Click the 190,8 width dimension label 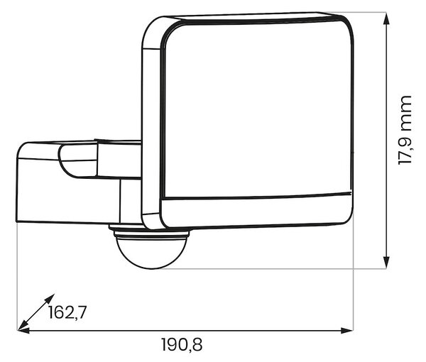tap(182, 345)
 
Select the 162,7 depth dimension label tap(67, 312)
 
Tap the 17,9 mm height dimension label tap(405, 130)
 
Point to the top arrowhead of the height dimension tap(386, 18)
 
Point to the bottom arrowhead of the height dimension tap(386, 263)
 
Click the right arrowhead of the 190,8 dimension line tap(346, 331)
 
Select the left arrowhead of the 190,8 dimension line tap(23, 331)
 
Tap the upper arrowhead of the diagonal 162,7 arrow tap(50, 298)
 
